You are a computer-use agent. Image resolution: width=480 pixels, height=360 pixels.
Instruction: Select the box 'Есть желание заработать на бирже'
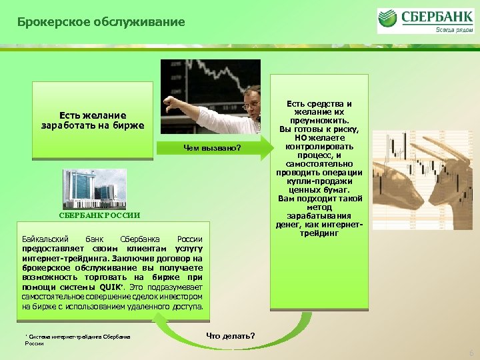click(x=93, y=121)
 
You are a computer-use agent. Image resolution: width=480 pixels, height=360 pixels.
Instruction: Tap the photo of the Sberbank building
click(x=94, y=189)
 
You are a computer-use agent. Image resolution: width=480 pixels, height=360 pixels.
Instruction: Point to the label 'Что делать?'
click(x=230, y=335)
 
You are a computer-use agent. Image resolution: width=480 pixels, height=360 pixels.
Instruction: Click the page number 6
click(x=471, y=353)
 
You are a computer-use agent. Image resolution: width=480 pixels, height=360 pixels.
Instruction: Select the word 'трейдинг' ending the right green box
click(x=319, y=234)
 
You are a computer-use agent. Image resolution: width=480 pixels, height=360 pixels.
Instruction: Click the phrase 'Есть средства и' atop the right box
click(x=319, y=103)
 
